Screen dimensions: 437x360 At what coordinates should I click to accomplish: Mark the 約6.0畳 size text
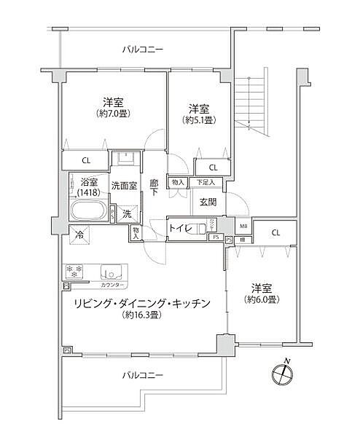point(261,299)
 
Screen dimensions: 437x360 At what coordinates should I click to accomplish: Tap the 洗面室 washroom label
point(125,186)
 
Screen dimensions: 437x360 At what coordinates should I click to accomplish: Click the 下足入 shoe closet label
point(206,182)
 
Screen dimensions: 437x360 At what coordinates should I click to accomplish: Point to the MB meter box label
point(243,227)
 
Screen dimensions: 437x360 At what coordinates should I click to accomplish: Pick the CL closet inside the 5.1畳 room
point(211,167)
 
